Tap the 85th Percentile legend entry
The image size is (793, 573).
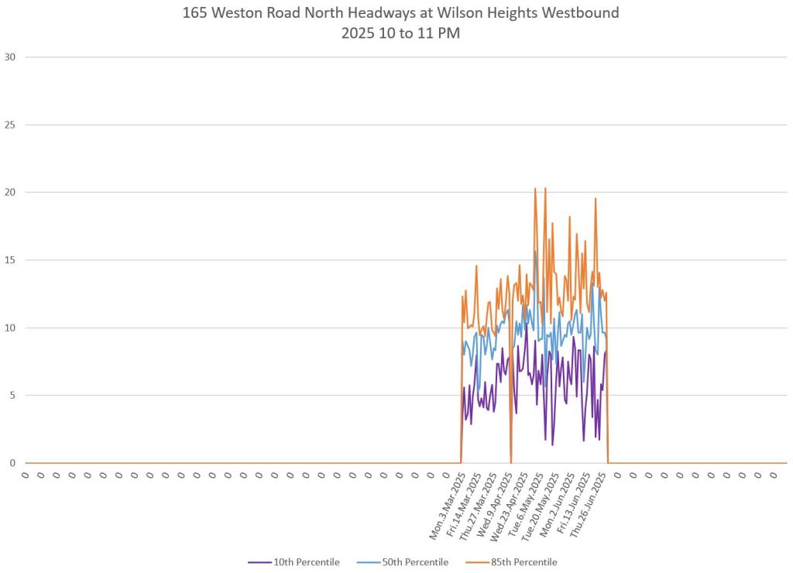(523, 561)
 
